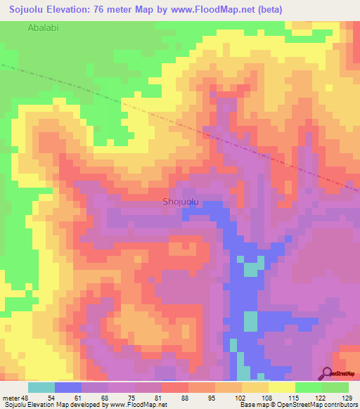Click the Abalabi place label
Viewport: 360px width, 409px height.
pyautogui.click(x=44, y=28)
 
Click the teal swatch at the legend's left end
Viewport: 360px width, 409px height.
pyautogui.click(x=41, y=387)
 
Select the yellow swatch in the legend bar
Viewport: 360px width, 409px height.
pyautogui.click(x=281, y=387)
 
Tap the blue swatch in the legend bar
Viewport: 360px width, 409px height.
pyautogui.click(x=68, y=387)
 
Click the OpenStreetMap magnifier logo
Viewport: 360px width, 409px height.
pyautogui.click(x=327, y=373)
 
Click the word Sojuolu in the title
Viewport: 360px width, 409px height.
pyautogui.click(x=29, y=9)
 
